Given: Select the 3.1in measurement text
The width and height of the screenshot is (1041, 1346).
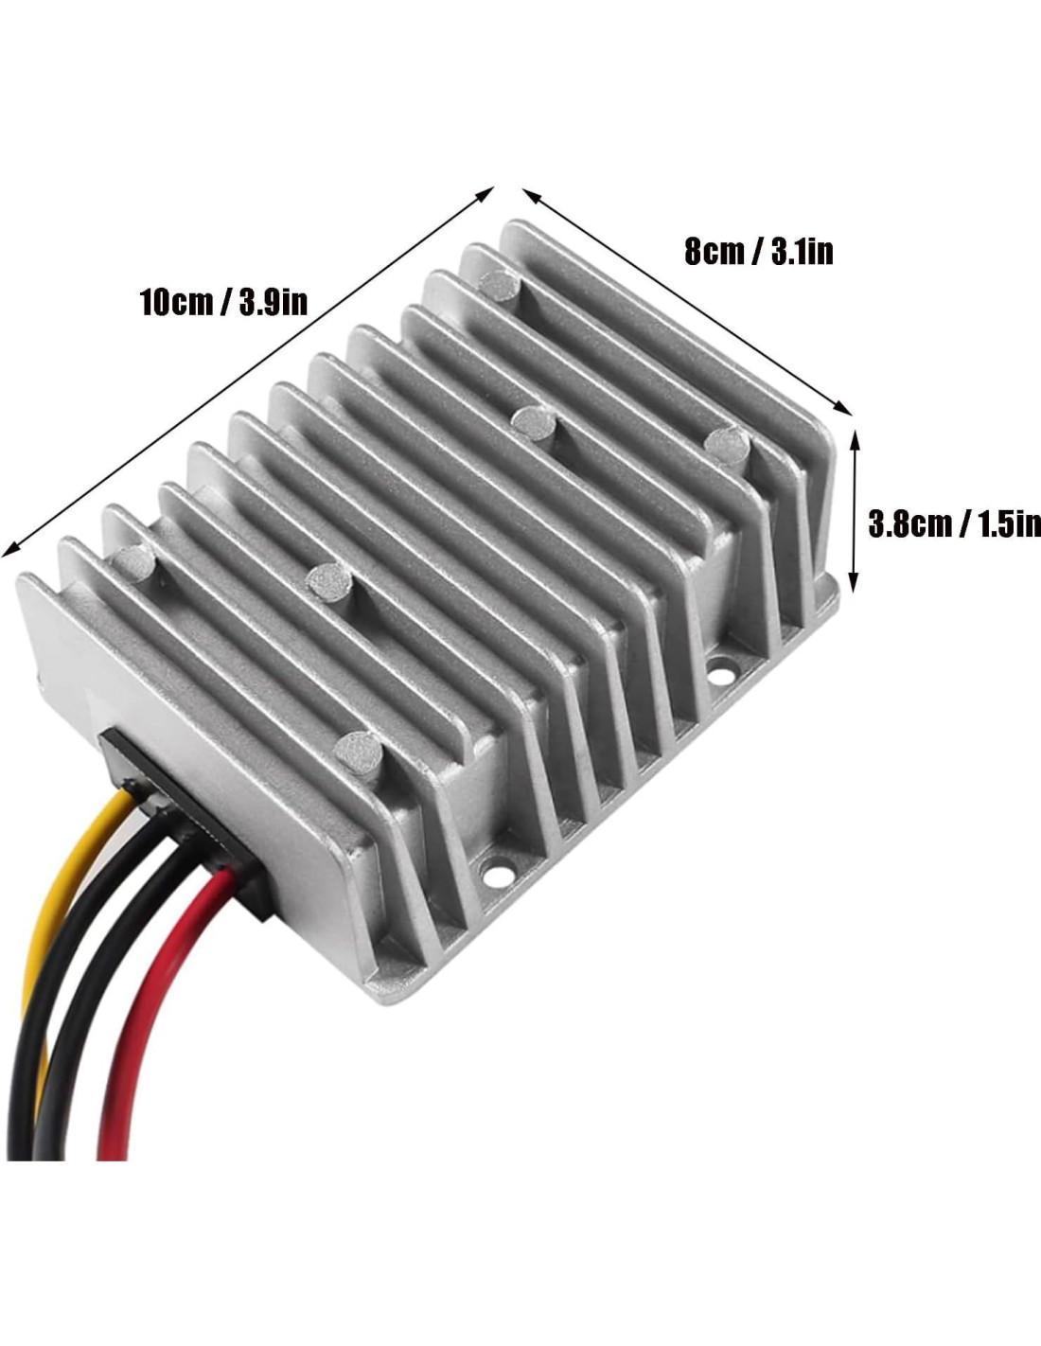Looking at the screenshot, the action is pyautogui.click(x=802, y=253).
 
